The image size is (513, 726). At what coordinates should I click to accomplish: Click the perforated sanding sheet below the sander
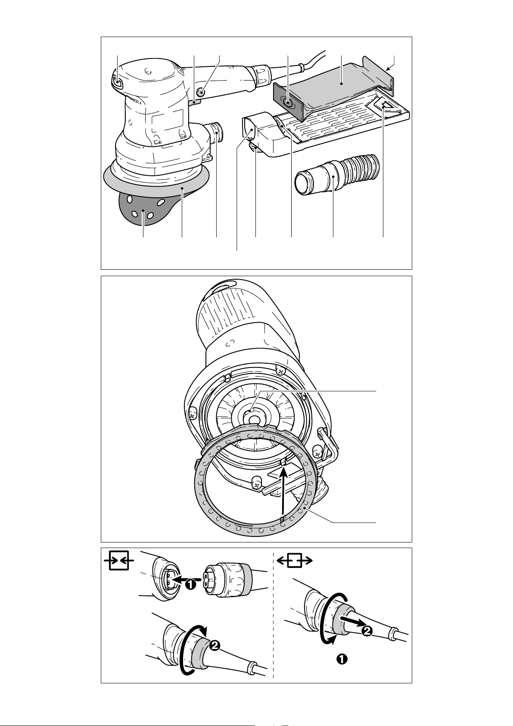tap(143, 208)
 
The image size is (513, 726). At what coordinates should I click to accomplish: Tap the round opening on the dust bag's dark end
tap(287, 102)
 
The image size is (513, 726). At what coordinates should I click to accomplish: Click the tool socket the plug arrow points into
tap(170, 579)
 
